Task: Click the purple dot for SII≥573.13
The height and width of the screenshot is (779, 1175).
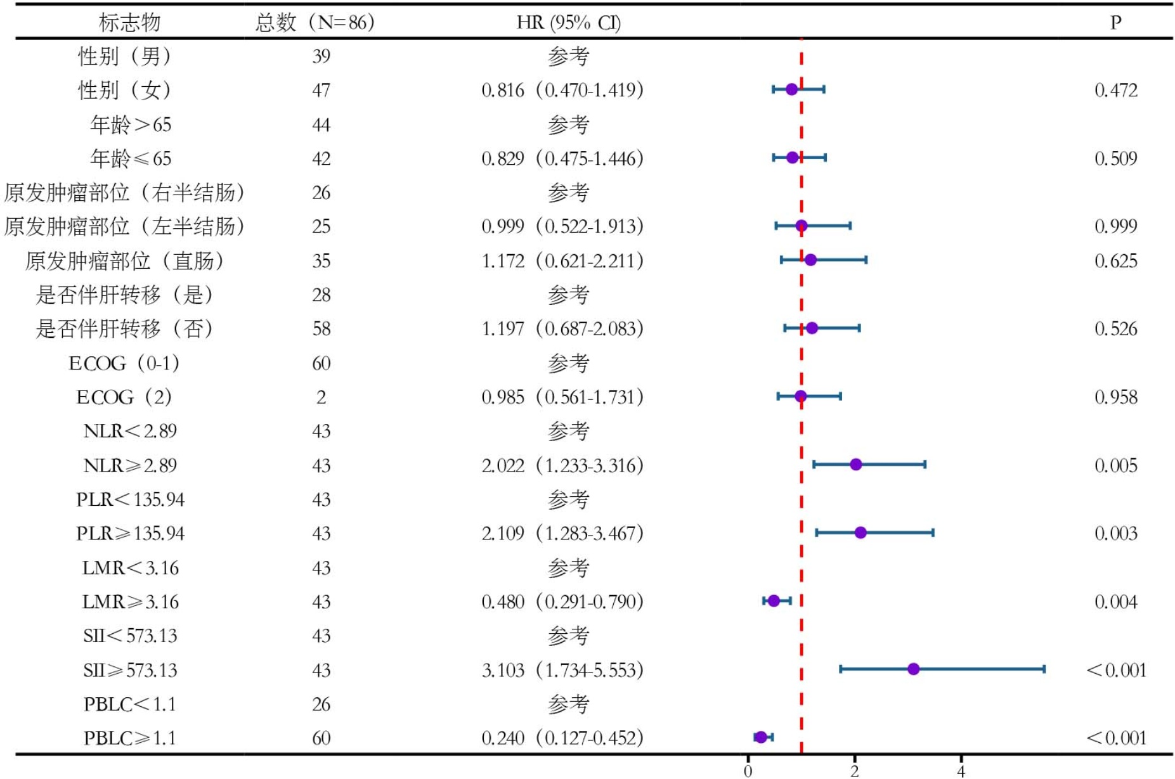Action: pos(913,669)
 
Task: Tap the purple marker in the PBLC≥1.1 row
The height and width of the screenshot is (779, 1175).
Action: pos(761,737)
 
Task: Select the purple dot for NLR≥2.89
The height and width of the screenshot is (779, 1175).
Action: pos(855,465)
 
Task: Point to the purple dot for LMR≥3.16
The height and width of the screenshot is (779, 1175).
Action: pos(774,600)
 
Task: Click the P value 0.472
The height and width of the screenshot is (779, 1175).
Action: pos(1115,90)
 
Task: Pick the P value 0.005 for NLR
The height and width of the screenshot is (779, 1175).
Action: pos(1115,465)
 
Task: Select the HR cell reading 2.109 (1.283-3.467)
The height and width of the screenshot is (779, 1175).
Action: pos(562,533)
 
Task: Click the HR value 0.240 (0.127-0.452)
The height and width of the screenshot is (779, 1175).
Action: pos(562,738)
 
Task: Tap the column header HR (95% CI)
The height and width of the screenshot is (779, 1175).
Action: pos(568,23)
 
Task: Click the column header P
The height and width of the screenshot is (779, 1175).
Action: pos(1115,23)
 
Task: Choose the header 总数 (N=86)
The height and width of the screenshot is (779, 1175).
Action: pos(315,23)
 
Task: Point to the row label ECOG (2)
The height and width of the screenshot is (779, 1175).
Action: pos(124,397)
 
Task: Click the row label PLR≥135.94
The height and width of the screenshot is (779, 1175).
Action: pos(130,534)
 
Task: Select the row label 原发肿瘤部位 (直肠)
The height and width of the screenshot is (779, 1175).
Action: pos(125,261)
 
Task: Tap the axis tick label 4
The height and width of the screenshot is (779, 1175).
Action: pos(961,771)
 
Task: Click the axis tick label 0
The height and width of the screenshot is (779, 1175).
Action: pos(748,771)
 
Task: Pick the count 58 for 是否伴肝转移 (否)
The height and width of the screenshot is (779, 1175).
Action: pos(321,329)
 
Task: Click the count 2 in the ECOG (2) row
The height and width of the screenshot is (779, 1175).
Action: pos(321,397)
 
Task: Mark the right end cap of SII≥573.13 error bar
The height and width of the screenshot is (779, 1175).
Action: pos(1044,669)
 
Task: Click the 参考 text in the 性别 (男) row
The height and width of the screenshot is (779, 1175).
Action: pos(568,56)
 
